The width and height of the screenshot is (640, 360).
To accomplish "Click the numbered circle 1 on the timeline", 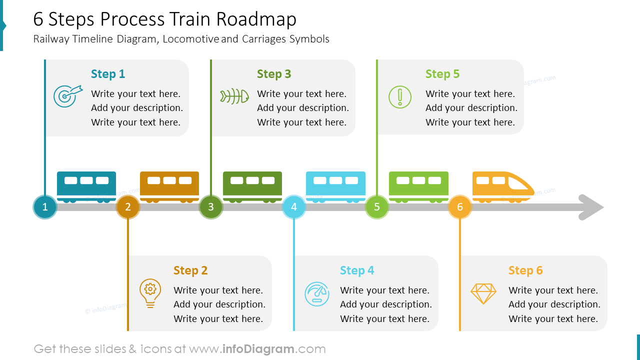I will coord(45,207).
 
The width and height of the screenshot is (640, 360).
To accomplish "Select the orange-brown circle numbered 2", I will coord(128,207).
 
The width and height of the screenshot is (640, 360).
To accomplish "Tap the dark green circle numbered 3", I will coord(211,207).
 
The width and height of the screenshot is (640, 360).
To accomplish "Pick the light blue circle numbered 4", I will coord(294,207).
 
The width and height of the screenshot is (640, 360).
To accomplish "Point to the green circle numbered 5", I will coord(377,207).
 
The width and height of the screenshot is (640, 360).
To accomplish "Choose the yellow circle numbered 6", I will coord(460,207).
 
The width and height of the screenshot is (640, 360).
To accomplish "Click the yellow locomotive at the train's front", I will coord(502,186).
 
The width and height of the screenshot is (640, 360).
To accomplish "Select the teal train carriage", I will coord(86,186).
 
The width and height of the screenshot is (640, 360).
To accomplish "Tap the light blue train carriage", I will coord(335,186).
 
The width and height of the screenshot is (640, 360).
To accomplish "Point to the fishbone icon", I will coord(234,96).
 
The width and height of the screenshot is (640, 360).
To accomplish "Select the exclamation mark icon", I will coord(400,97).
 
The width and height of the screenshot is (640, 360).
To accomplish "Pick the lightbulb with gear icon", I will coord(150,293).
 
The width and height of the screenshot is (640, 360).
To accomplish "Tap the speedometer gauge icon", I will coord(317,294).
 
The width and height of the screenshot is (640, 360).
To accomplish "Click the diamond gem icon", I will coord(483,293).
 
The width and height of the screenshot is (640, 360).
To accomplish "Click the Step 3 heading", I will coord(274,74).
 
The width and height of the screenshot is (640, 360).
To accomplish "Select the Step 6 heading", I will coord(525,270).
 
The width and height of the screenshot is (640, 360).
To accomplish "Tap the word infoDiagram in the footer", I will coord(257,349).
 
